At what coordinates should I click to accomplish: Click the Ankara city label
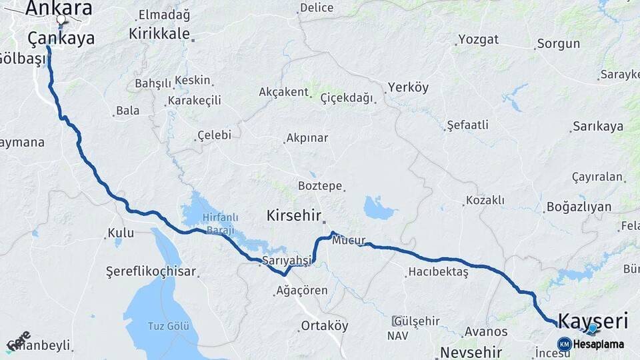coord(59,9)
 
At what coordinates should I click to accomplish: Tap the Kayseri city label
coord(592,321)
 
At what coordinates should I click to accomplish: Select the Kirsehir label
coord(293,215)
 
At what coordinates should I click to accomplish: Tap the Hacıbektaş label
coord(438,271)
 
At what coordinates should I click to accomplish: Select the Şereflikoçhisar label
coord(151,271)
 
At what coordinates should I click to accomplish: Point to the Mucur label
coord(349,240)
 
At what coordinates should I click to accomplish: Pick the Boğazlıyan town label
coord(579,207)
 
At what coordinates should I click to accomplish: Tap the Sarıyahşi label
coord(287,260)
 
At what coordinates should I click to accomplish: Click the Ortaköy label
coord(325,326)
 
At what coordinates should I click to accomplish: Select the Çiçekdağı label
coord(347,98)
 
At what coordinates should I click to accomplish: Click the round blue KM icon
coord(564,344)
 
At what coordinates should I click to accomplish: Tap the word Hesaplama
coord(599,344)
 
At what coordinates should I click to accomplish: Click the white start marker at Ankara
coord(61,20)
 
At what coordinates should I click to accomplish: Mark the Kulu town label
coord(122,233)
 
